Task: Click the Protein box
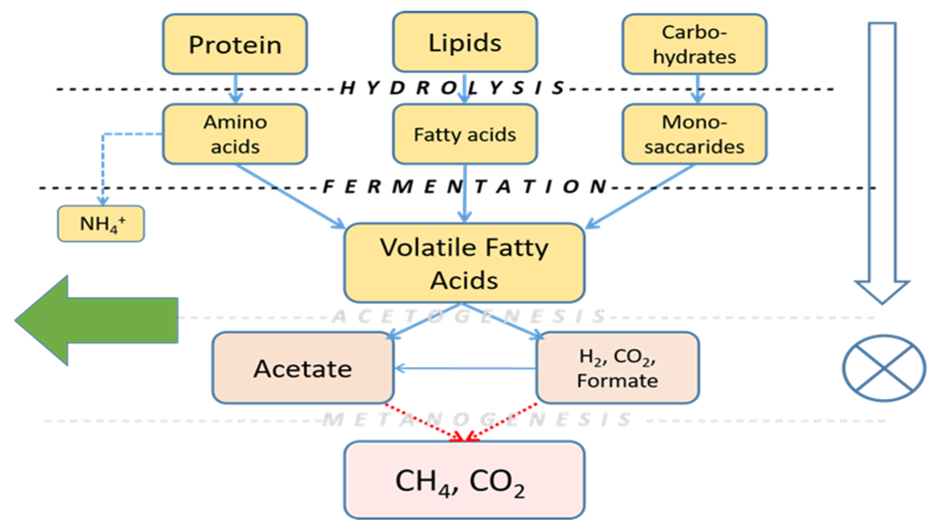[235, 44]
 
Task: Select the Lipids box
[465, 42]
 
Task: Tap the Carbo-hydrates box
[694, 44]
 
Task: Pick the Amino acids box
[235, 134]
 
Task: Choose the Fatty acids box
[465, 134]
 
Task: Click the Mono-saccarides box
[694, 134]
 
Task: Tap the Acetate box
[303, 368]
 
